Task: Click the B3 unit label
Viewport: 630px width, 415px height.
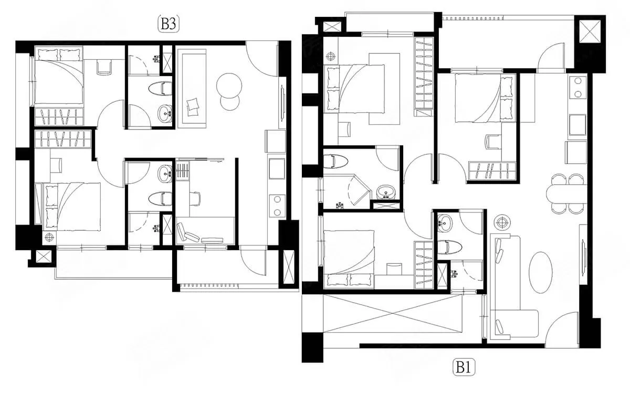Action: [x=169, y=24]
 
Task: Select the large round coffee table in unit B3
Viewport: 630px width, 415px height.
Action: [x=229, y=86]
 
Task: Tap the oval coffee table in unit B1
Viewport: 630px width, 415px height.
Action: [x=540, y=272]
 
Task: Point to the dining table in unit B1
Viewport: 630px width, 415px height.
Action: [x=566, y=194]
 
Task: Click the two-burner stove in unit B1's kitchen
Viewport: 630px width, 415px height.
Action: [x=578, y=87]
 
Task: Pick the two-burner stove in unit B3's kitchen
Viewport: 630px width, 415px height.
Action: [x=277, y=206]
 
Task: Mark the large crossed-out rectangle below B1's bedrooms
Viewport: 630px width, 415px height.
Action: [x=393, y=313]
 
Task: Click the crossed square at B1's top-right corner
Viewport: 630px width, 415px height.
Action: [x=590, y=31]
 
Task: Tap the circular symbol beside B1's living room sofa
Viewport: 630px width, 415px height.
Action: [x=501, y=222]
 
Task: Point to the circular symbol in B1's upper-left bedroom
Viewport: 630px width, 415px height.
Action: [x=331, y=56]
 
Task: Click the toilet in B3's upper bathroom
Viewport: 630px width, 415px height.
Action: [x=160, y=89]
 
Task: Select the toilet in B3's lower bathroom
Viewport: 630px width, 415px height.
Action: [x=160, y=199]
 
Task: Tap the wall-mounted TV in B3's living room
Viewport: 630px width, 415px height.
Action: [x=282, y=103]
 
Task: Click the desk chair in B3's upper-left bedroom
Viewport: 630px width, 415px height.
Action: [x=104, y=68]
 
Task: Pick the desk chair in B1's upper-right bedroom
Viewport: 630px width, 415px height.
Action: [x=493, y=142]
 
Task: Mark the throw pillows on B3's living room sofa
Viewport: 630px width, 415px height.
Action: [x=193, y=107]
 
